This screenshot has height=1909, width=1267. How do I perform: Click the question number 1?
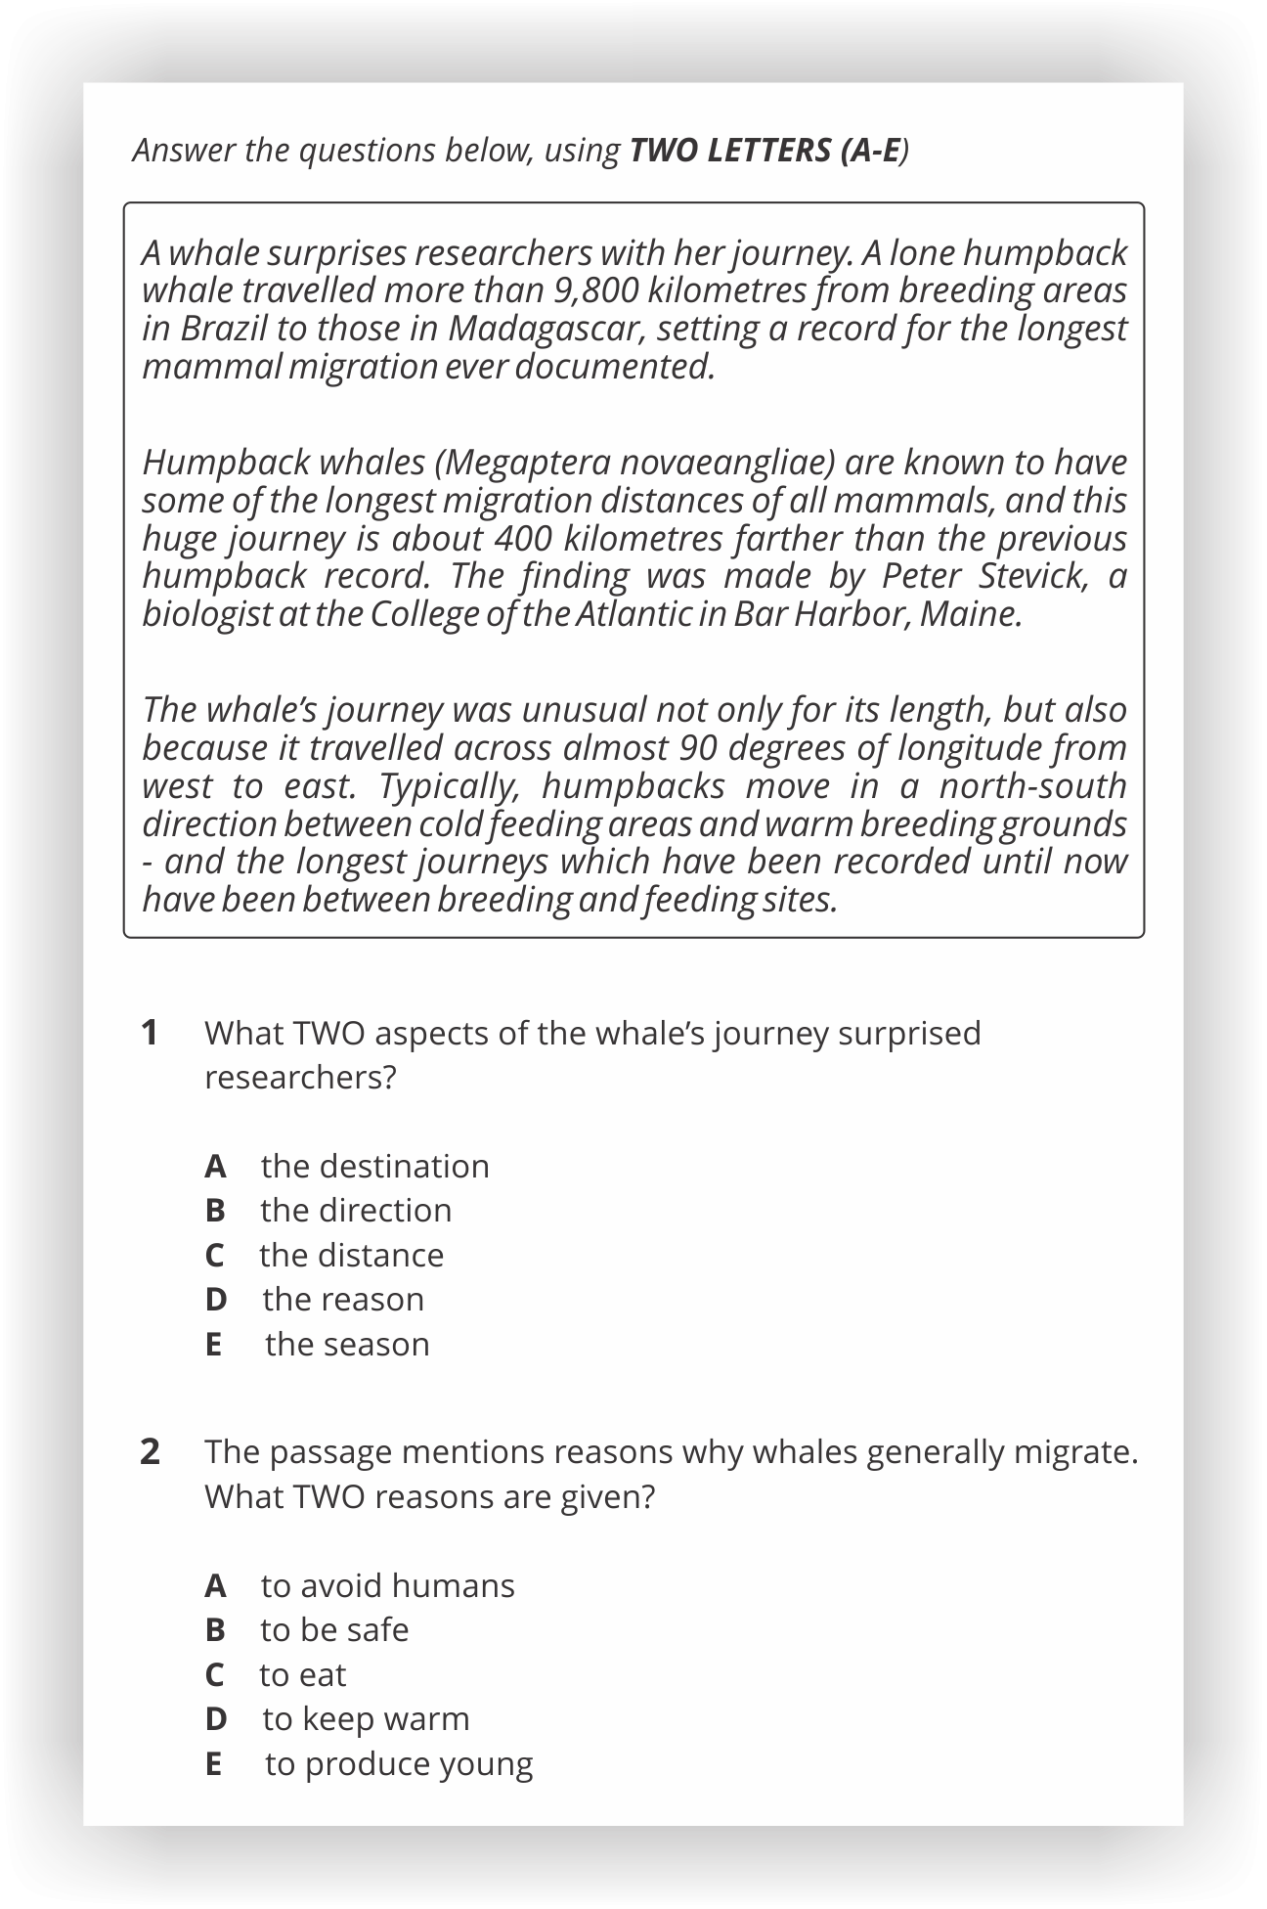pos(150,1033)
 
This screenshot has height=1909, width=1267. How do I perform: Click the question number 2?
pos(150,1452)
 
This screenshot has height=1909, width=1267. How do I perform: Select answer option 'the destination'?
pos(374,1166)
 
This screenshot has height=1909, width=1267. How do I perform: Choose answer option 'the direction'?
pos(356,1210)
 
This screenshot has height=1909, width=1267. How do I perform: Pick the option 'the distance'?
pos(351,1255)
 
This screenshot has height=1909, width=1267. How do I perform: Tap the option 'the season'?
pos(347,1344)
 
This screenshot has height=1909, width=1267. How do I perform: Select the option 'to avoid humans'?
pos(387,1585)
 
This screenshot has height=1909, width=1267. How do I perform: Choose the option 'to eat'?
pos(302,1674)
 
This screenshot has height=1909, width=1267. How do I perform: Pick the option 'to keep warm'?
pos(366,1718)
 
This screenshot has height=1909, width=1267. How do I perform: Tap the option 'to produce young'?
pos(399,1763)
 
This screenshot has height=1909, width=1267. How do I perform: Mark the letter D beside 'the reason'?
pos(215,1300)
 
